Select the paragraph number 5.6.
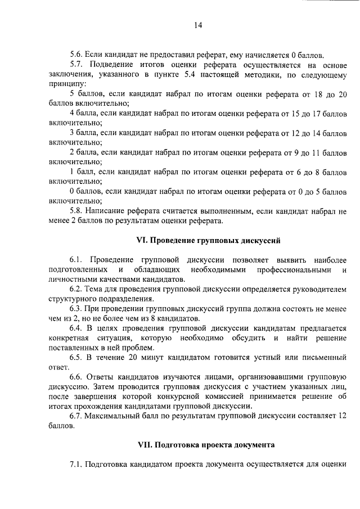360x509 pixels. [76, 55]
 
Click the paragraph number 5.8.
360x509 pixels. [76, 211]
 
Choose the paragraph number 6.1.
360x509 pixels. [76, 260]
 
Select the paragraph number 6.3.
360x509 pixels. [76, 309]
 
